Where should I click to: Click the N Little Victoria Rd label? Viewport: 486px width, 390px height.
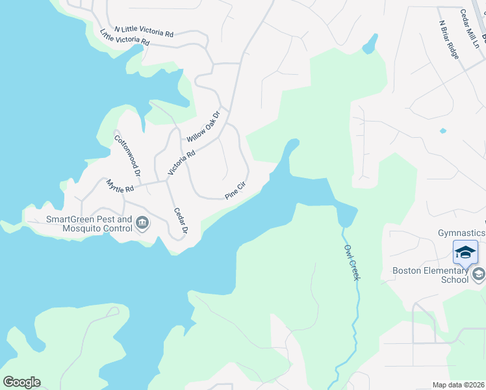(144, 31)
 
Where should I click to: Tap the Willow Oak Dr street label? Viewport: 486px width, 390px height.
(204, 126)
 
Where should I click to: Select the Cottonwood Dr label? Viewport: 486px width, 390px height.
(127, 155)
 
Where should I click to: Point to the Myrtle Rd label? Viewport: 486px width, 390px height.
(120, 186)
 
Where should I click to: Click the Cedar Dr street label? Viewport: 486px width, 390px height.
(181, 221)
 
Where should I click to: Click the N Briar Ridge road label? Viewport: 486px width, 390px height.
(449, 40)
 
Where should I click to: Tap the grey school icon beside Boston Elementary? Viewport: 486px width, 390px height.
(479, 274)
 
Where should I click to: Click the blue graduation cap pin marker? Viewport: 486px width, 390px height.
(465, 252)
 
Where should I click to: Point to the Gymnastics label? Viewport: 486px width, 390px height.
(461, 233)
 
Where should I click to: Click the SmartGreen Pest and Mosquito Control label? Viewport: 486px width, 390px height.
(89, 224)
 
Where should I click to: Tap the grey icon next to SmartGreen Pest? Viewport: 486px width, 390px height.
(142, 224)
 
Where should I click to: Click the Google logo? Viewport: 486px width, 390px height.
(21, 382)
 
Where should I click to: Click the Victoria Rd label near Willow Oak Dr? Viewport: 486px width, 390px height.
(181, 162)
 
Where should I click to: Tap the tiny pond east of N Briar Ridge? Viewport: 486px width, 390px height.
(442, 131)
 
